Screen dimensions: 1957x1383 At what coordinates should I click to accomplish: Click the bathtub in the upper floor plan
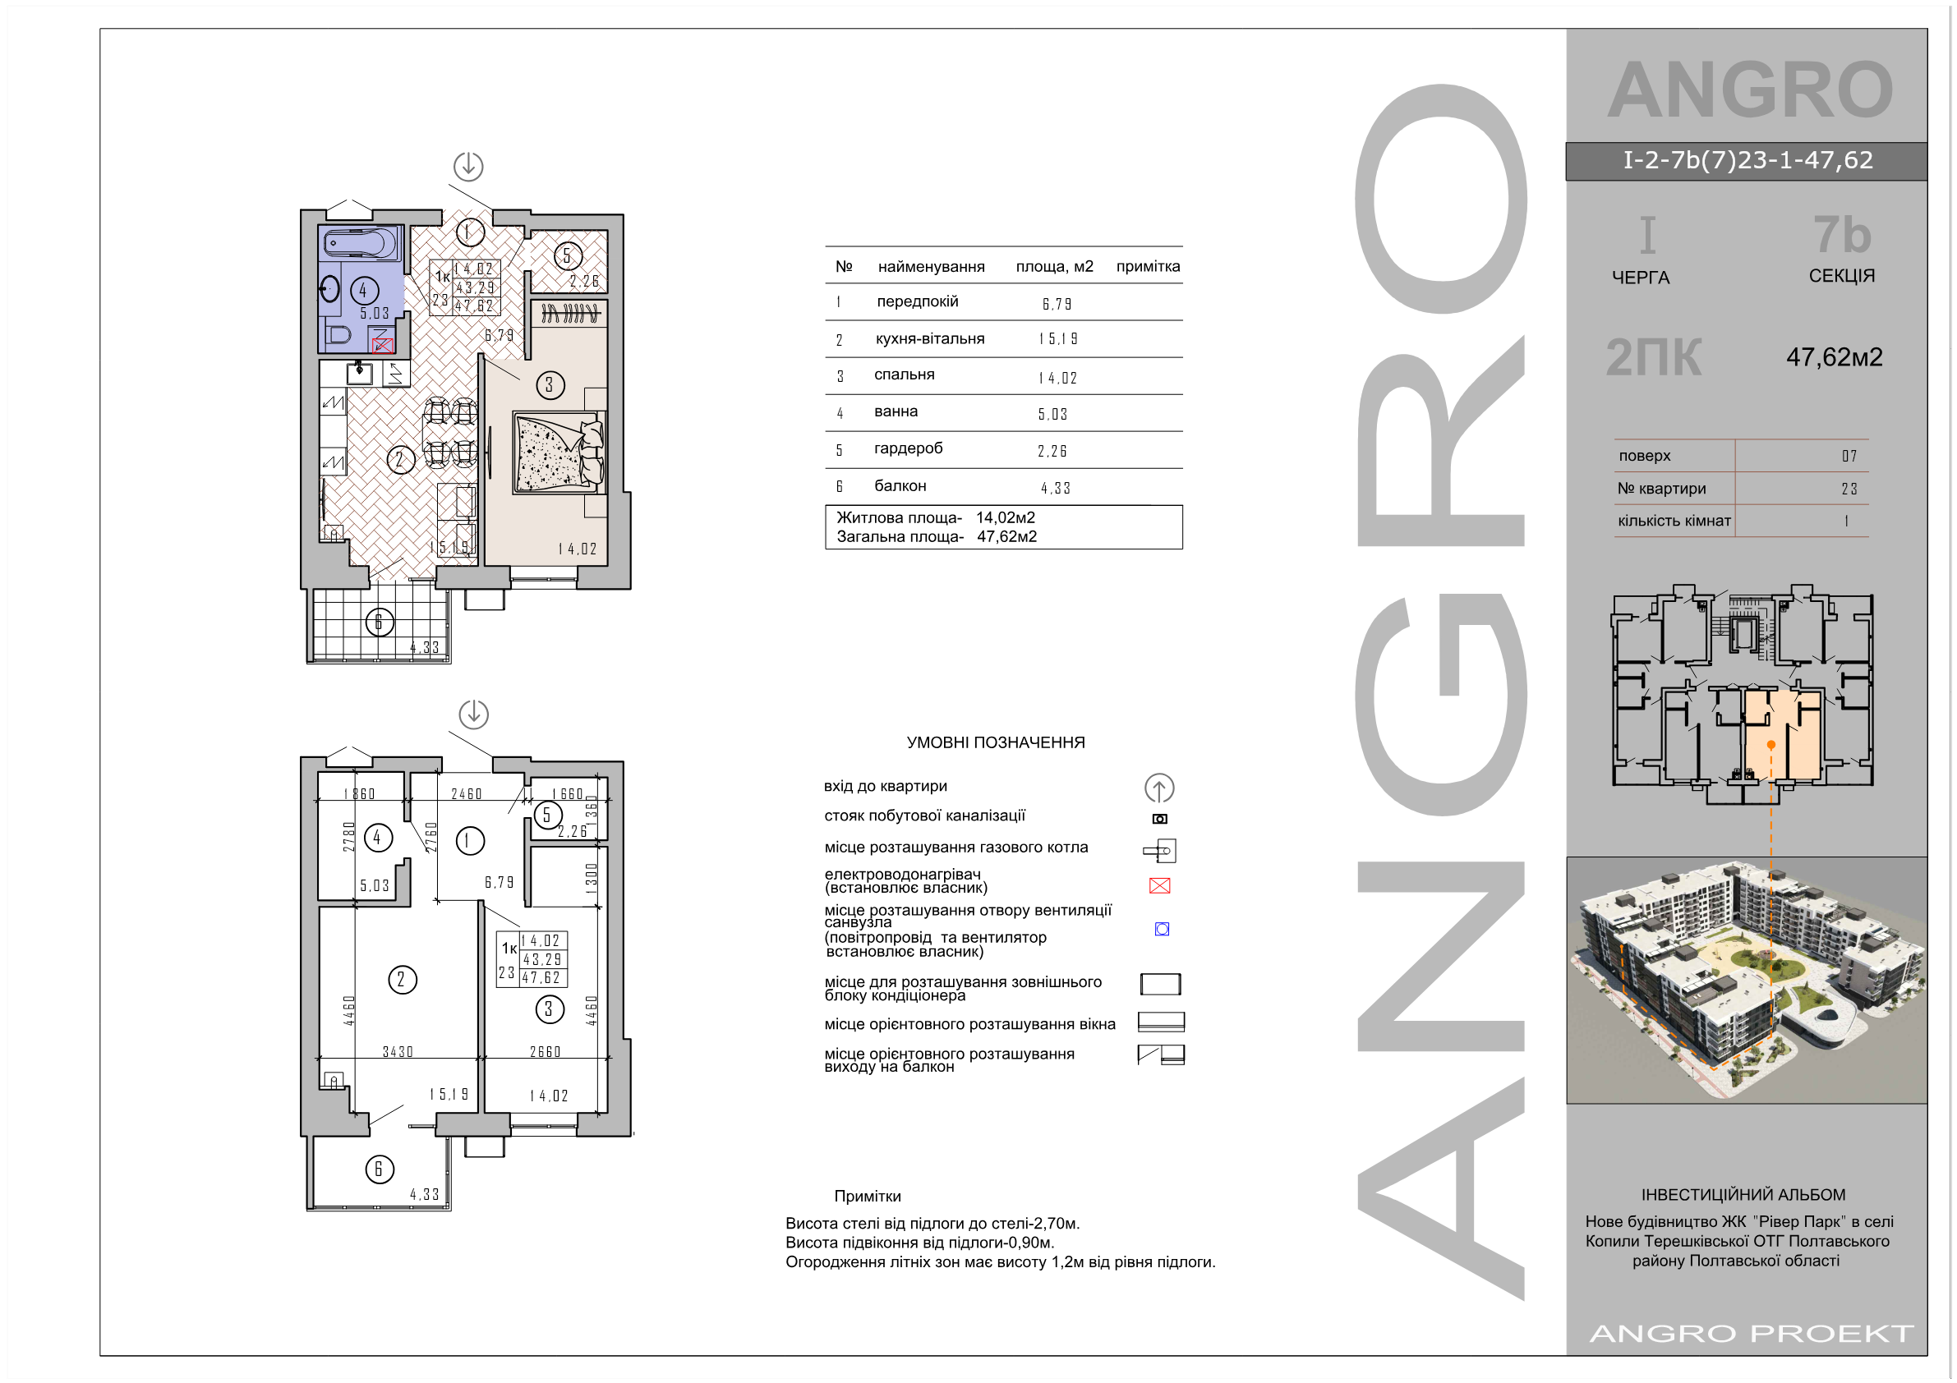click(361, 243)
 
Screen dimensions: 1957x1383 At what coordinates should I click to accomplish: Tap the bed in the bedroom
click(559, 453)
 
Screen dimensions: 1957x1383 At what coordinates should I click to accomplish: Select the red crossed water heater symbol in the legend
click(1159, 885)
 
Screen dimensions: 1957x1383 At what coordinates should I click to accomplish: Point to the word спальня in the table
click(904, 375)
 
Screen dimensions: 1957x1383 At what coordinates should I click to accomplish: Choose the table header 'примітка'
click(1147, 267)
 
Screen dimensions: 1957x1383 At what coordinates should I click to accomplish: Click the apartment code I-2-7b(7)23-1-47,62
click(1747, 160)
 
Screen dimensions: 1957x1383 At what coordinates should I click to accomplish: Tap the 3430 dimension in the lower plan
click(397, 1051)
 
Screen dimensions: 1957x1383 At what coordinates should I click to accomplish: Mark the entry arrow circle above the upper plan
click(468, 166)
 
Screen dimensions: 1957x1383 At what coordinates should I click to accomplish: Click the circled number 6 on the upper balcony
click(380, 622)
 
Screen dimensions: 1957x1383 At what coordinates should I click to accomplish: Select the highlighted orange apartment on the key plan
click(1782, 734)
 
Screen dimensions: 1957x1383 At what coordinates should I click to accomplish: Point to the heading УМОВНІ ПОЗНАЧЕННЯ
click(996, 742)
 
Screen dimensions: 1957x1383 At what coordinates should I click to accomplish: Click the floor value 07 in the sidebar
click(1849, 456)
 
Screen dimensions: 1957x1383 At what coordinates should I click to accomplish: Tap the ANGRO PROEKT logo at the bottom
click(1751, 1333)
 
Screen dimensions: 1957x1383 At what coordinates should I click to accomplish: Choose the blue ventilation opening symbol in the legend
click(1162, 929)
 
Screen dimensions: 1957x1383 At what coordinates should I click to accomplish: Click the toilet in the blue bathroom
click(338, 334)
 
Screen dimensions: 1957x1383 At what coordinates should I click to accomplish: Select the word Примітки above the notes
click(867, 1197)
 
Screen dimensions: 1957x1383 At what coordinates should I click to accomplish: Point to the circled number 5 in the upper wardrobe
click(568, 255)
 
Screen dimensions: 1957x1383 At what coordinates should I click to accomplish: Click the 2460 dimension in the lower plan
click(466, 794)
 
